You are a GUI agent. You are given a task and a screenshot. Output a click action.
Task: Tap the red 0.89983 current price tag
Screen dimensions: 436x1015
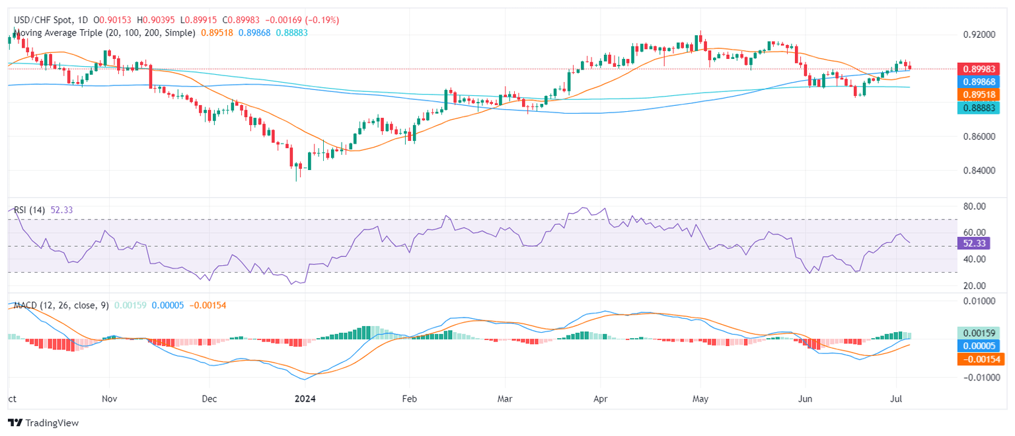point(980,68)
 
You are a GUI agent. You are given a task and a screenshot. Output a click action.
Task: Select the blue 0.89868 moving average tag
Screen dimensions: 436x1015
point(980,81)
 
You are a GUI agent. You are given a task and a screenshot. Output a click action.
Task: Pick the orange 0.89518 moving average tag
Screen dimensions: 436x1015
point(980,95)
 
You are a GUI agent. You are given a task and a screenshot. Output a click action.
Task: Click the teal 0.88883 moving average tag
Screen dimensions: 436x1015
point(980,108)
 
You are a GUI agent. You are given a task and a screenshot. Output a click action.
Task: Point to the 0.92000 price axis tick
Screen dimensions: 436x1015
point(980,34)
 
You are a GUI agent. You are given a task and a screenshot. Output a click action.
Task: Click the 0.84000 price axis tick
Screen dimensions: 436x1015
point(980,171)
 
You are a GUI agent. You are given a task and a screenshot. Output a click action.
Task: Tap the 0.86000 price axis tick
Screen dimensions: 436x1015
point(980,136)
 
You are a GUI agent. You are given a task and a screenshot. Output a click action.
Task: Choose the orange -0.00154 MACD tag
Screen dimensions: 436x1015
point(980,359)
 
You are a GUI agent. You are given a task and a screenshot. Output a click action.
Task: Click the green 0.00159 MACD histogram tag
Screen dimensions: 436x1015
point(980,333)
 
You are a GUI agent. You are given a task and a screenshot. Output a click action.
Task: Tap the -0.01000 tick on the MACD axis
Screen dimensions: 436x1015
point(980,377)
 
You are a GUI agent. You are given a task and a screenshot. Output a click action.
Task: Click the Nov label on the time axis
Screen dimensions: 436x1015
point(110,399)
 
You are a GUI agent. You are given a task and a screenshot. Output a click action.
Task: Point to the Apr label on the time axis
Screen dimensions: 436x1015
point(600,399)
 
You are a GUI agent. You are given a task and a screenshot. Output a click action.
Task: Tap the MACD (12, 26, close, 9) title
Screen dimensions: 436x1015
point(60,305)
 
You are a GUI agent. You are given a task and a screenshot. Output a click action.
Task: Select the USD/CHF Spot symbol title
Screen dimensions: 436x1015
point(43,21)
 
